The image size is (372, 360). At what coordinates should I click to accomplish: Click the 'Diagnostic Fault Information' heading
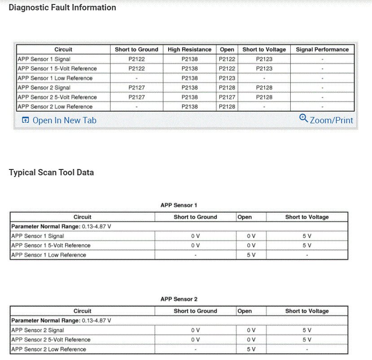coord(62,8)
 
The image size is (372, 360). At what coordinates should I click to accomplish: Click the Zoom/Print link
coord(331,120)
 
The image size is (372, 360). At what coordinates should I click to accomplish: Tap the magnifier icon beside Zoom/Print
coord(304,118)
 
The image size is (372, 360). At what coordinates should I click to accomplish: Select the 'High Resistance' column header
coord(189,49)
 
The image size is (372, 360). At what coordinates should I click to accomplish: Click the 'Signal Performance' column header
coord(322,49)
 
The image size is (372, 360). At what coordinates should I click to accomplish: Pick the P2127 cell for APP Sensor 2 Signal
coord(136,88)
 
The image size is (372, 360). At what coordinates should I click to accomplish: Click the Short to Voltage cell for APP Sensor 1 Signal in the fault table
coord(264,59)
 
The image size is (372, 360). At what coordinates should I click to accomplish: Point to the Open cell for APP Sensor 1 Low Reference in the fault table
coord(227,78)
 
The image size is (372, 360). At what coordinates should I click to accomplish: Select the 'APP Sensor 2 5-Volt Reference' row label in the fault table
coord(57,97)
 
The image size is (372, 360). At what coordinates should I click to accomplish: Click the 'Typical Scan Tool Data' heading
coord(51,173)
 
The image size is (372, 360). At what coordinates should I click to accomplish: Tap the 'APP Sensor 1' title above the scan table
coord(179,205)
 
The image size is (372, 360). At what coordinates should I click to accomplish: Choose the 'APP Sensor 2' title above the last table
coord(179,299)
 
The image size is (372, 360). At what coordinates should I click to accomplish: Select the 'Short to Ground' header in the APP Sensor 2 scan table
coord(195,311)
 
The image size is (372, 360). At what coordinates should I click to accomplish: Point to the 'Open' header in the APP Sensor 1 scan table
coord(245,217)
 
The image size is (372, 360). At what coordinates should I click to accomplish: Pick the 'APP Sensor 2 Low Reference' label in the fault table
coord(55,107)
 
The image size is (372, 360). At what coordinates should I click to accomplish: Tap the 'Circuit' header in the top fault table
coord(63,49)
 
